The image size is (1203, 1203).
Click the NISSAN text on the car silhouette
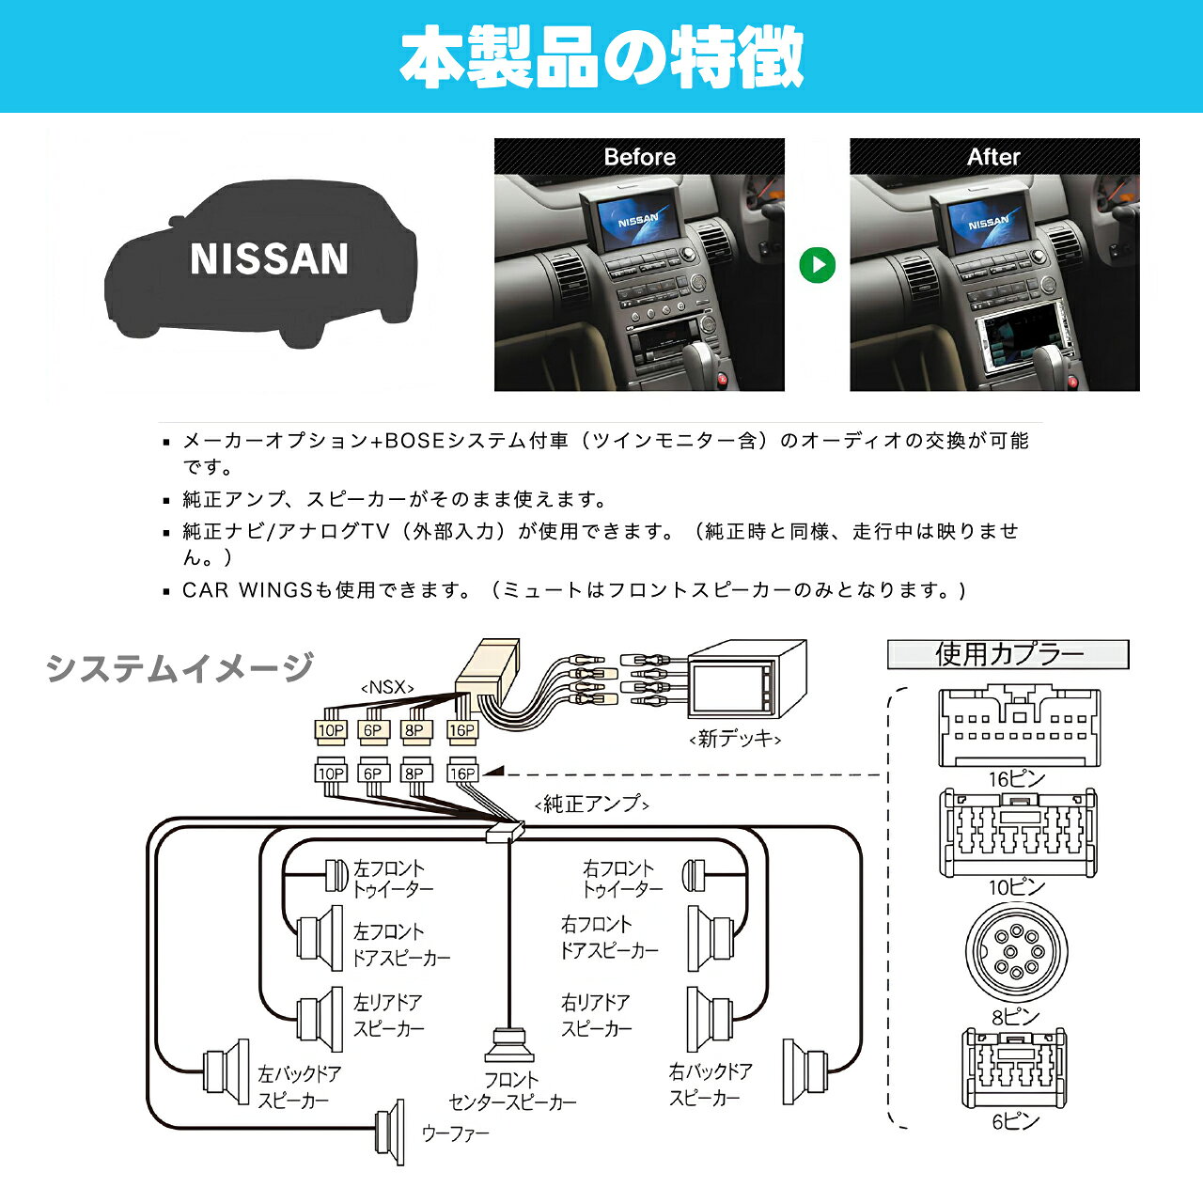(269, 258)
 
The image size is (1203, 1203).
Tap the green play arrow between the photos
(817, 265)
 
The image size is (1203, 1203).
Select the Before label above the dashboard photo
(639, 157)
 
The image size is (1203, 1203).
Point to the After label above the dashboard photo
(993, 157)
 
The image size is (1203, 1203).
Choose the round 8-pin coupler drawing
(1016, 952)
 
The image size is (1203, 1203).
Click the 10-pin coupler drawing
(1018, 833)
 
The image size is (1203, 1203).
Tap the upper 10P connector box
(331, 730)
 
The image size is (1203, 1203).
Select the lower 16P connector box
(462, 773)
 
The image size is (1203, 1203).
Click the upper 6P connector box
(373, 730)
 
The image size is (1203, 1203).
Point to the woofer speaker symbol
(389, 1132)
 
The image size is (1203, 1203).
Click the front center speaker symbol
(509, 1045)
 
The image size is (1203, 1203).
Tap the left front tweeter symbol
(337, 876)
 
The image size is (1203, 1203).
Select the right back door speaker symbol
(805, 1071)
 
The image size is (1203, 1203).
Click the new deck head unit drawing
(746, 679)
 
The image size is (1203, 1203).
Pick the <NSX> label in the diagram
(387, 687)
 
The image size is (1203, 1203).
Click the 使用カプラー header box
(1008, 654)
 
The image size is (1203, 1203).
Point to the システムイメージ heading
(180, 666)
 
